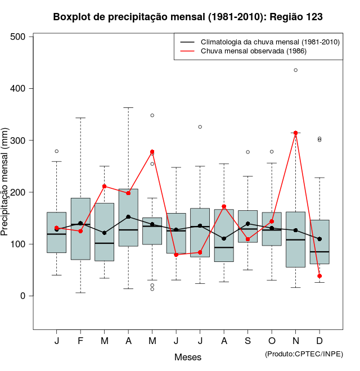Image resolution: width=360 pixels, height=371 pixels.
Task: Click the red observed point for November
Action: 295,133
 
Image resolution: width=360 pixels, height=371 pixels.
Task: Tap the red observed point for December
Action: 319,276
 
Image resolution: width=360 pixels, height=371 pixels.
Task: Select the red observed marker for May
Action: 152,152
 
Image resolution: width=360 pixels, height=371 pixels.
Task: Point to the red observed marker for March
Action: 104,187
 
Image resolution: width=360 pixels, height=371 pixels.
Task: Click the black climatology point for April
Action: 128,217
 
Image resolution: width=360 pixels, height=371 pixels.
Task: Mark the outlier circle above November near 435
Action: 295,70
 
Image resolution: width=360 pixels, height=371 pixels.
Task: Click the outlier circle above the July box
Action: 200,127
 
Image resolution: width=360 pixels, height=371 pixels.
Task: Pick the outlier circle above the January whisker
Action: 56,151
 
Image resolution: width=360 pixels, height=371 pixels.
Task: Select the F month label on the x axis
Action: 80,341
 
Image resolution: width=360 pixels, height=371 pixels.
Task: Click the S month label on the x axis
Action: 247,341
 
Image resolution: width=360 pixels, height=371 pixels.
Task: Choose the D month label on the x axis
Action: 319,341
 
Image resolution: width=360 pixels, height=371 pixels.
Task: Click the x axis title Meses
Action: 188,357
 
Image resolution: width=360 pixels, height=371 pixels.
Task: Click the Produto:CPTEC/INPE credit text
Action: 304,354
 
